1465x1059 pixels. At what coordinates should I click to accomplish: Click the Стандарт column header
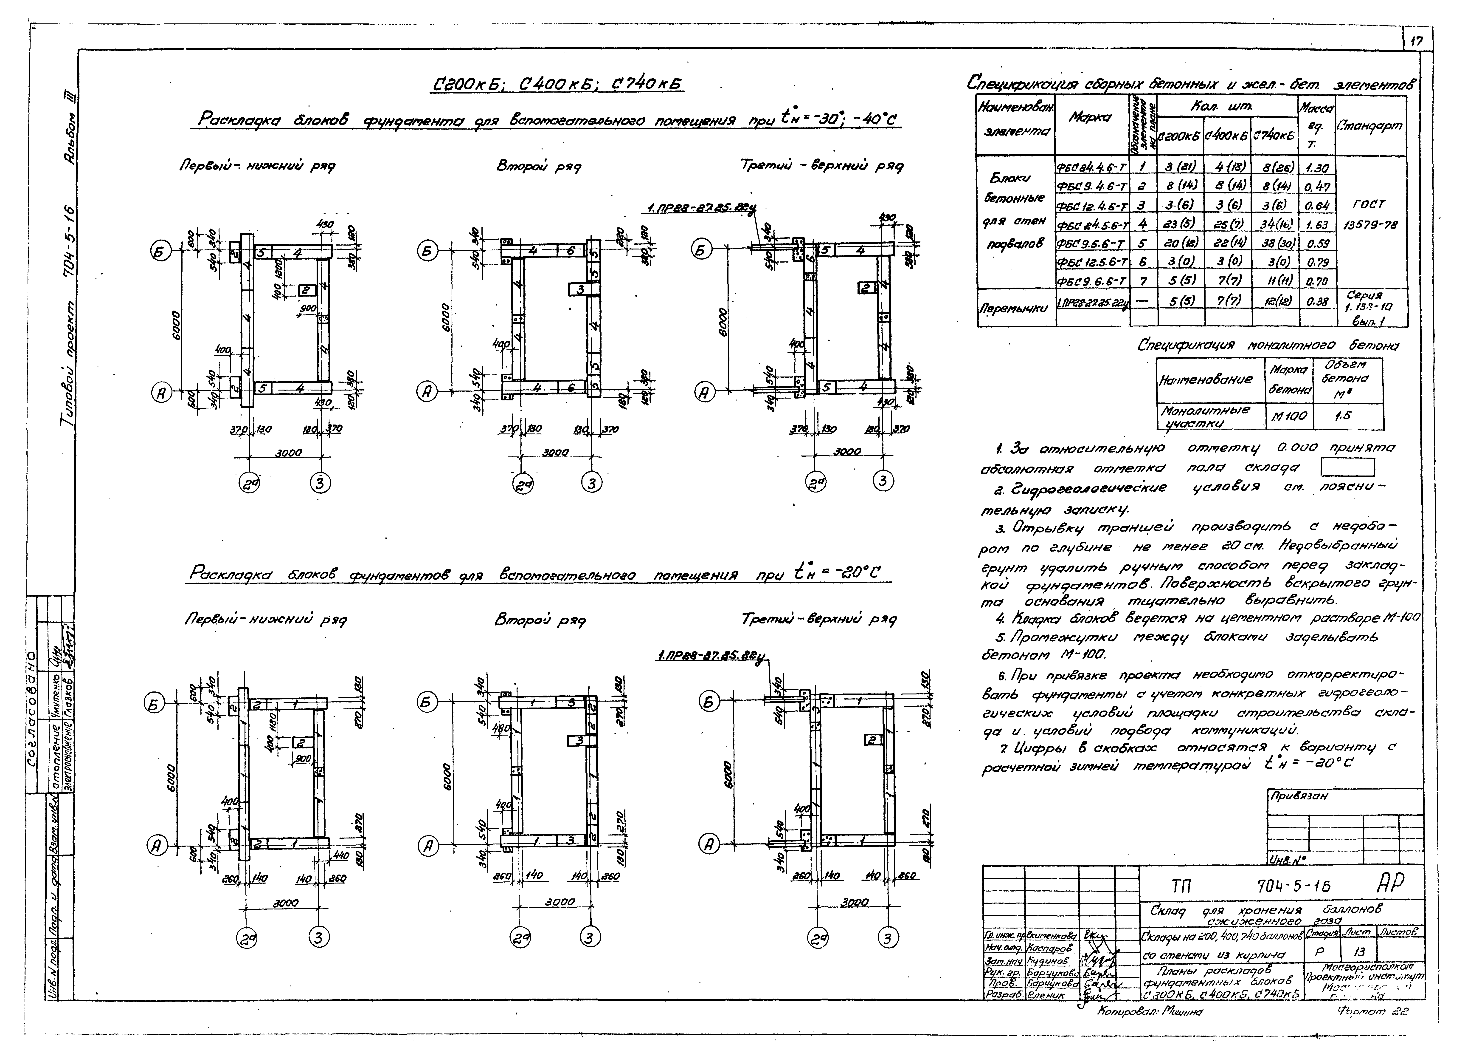[1371, 126]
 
